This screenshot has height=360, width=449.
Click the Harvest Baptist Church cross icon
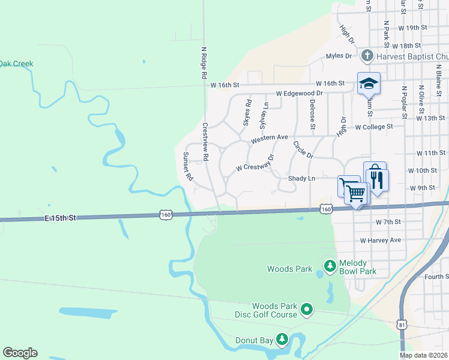367,56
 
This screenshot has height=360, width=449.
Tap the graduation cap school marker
369,83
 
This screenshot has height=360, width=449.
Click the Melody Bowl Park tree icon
330,265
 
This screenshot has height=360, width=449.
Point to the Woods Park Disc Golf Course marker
307,310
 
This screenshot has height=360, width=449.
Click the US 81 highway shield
402,325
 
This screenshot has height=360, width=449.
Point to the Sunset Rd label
187,166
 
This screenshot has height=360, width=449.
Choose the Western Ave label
270,139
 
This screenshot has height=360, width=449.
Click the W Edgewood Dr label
300,94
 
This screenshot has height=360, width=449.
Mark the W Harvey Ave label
380,240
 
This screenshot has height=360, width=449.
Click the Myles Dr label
339,56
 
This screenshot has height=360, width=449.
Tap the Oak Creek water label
16,64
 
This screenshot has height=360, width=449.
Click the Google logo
20,353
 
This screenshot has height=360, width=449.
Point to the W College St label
373,127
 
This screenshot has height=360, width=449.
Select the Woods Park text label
289,269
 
